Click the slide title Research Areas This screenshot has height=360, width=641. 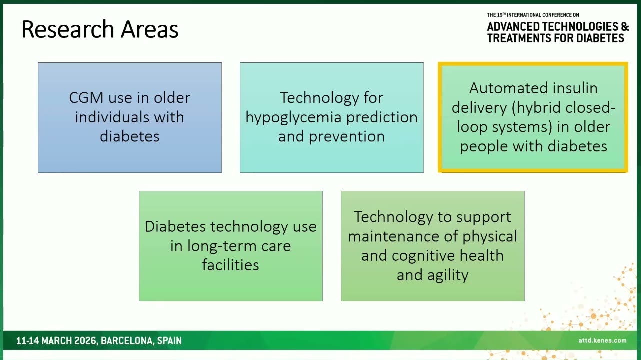click(x=100, y=29)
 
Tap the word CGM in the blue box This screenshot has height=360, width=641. click(x=86, y=98)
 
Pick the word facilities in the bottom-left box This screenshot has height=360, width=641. click(x=230, y=264)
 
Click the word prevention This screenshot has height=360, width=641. click(x=347, y=137)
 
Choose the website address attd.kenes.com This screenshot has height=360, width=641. click(x=602, y=340)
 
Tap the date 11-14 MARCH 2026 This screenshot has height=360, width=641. click(x=56, y=341)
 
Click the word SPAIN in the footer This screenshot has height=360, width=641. click(x=169, y=341)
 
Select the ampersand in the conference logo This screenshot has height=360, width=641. click(x=625, y=26)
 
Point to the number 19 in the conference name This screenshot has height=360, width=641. click(x=500, y=15)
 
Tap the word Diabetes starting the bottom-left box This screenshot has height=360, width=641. click(x=175, y=226)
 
